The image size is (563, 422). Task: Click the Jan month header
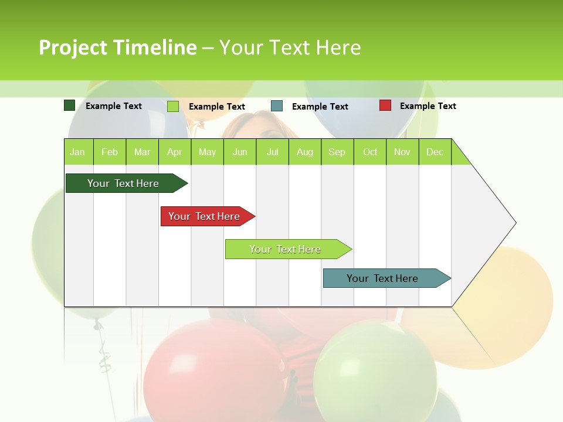tap(78, 152)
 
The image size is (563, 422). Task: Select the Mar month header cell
tap(142, 152)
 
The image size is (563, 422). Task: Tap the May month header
tap(207, 152)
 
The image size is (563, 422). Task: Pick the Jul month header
tap(272, 152)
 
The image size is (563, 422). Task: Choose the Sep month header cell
tap(337, 152)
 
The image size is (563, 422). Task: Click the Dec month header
tap(435, 152)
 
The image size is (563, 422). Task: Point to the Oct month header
tap(370, 152)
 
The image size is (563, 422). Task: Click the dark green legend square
tap(70, 105)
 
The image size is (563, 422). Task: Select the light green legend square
tap(173, 106)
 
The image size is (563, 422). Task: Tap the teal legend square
tap(277, 106)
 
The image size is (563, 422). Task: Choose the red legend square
tap(385, 105)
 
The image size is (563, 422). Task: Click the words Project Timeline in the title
tap(118, 47)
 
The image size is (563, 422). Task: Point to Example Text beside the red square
tap(428, 106)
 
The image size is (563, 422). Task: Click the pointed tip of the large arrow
tap(514, 223)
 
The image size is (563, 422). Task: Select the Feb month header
tap(110, 152)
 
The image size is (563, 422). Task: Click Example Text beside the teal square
tap(320, 107)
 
